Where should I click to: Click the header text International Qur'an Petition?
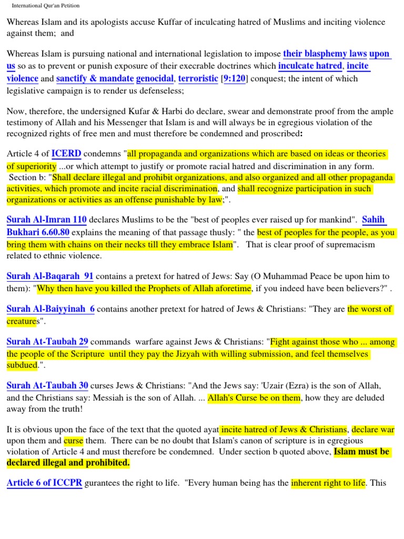click(x=46, y=5)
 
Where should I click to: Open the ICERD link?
click(x=66, y=154)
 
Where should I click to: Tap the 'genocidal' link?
click(x=155, y=78)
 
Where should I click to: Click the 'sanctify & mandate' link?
click(x=95, y=78)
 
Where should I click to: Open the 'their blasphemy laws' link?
click(x=325, y=54)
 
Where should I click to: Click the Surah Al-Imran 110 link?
click(x=47, y=219)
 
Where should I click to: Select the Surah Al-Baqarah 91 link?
click(x=50, y=276)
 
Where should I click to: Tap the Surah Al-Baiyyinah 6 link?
click(x=50, y=309)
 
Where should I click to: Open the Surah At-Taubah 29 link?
click(x=47, y=342)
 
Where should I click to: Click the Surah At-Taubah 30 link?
click(x=47, y=386)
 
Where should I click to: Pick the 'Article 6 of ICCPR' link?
click(x=44, y=482)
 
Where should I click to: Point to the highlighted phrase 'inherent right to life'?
click(x=328, y=482)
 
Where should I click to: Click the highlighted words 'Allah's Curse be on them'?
click(x=254, y=398)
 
